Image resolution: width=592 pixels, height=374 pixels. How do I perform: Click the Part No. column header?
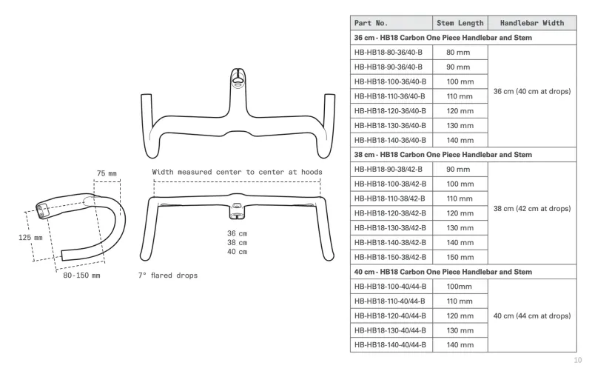(371, 23)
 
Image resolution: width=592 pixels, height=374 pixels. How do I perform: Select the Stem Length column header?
(460, 23)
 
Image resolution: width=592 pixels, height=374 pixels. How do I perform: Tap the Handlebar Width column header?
(532, 23)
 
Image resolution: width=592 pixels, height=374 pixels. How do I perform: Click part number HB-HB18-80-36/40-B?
(388, 53)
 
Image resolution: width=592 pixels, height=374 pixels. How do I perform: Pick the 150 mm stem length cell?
(460, 257)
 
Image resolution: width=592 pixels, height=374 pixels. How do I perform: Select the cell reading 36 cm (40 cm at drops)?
(532, 91)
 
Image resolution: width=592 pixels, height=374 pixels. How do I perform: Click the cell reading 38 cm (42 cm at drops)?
(532, 209)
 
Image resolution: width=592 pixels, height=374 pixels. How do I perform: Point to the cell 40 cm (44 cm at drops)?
(532, 315)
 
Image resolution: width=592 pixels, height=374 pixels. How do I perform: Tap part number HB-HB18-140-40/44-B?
(390, 345)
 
